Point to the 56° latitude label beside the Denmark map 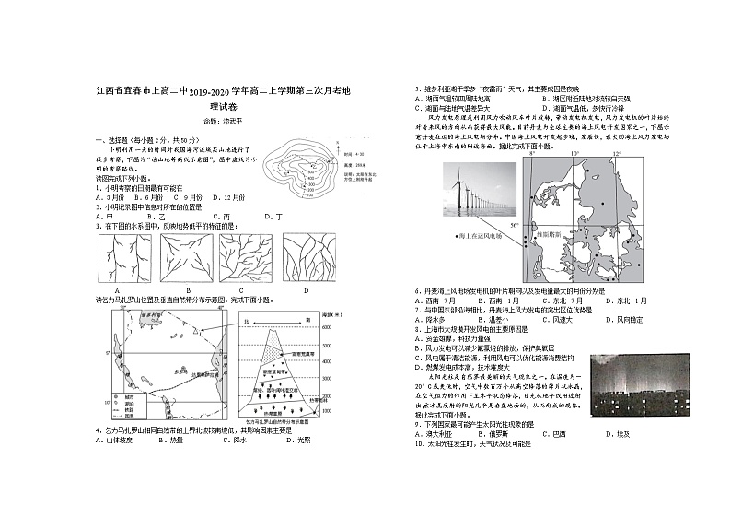tap(516, 225)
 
